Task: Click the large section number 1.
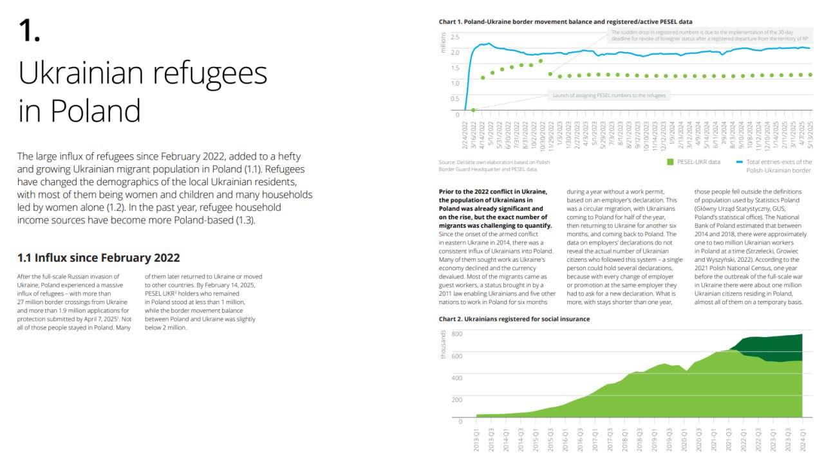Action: click(29, 31)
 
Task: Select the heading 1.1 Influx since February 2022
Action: click(98, 258)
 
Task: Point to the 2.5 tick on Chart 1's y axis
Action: click(455, 37)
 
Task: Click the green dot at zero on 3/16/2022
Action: click(473, 110)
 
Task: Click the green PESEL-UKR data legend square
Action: click(670, 162)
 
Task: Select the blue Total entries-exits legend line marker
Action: click(740, 162)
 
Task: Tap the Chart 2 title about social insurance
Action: click(514, 318)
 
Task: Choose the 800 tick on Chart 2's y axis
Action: click(456, 334)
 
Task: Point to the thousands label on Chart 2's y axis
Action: click(443, 344)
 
